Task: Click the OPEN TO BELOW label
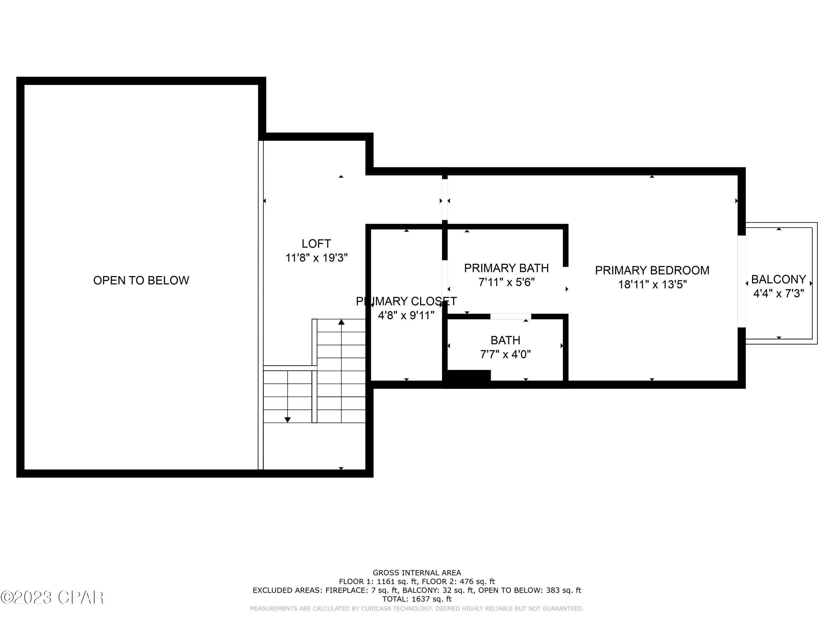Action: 141,280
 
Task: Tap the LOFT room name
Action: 316,244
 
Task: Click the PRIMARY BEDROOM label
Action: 652,270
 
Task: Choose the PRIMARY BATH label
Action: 506,268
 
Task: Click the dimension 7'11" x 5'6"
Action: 506,282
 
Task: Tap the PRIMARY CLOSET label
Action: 406,301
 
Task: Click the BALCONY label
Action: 778,279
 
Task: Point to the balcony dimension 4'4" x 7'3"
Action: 778,294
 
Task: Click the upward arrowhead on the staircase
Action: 341,322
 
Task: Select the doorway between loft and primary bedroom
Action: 445,200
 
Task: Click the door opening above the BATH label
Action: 510,317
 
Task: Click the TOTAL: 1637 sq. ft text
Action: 417,599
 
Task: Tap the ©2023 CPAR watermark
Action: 52,597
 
